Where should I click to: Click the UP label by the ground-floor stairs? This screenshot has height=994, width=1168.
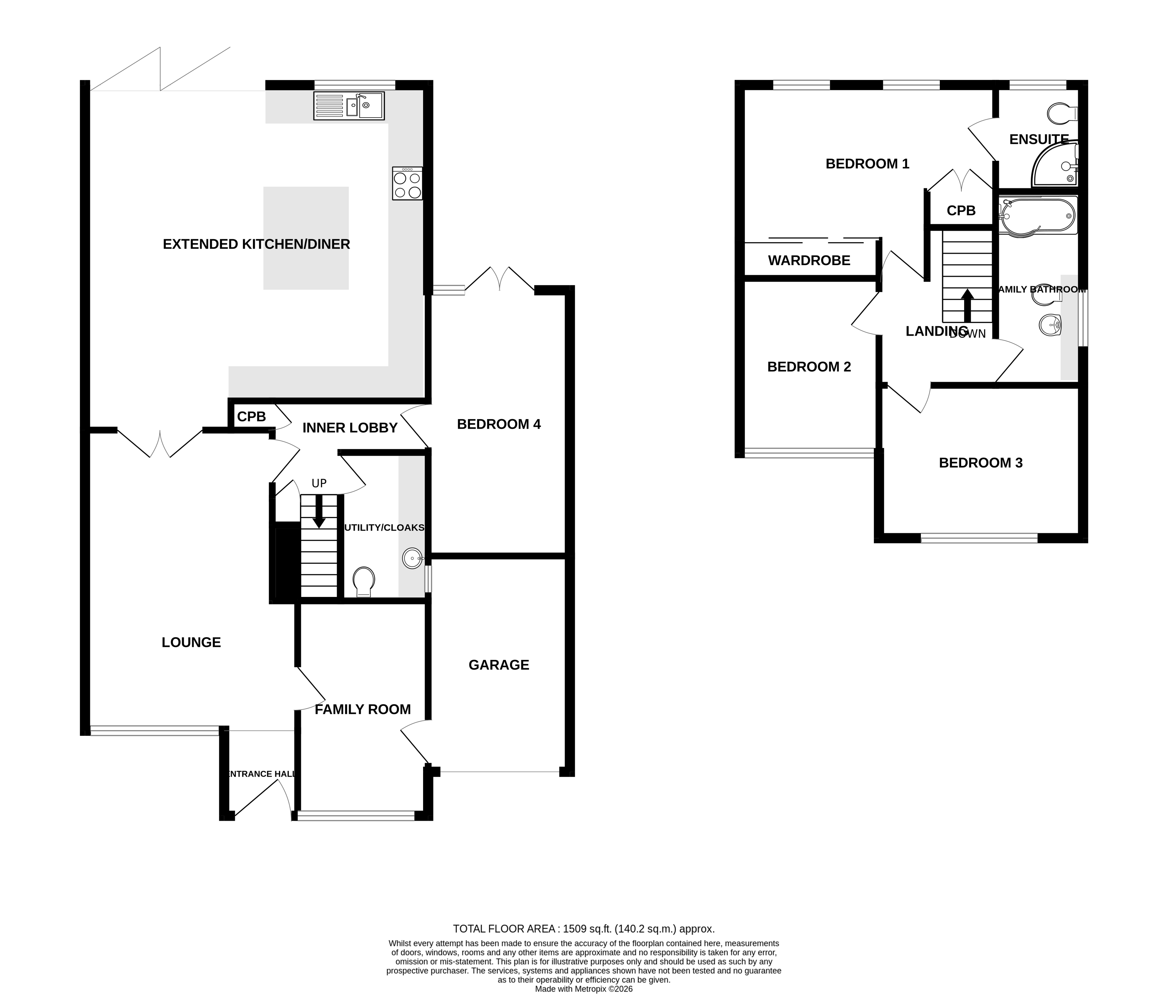[319, 483]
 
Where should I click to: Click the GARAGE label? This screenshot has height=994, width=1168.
[499, 665]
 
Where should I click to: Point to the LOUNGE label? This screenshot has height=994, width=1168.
[191, 642]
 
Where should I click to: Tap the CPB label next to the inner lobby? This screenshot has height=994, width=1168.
[251, 416]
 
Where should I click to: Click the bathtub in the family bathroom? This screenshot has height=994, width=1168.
[1038, 215]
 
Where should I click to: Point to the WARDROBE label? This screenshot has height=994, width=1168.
[809, 260]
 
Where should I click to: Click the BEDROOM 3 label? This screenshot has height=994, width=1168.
[980, 463]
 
